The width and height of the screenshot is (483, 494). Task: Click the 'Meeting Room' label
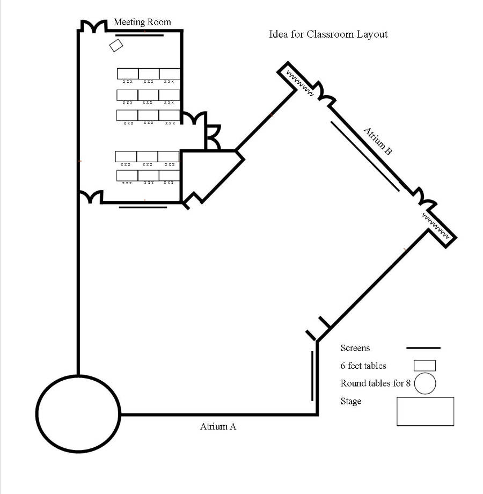[142, 22]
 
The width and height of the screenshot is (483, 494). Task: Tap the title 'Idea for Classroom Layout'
[328, 34]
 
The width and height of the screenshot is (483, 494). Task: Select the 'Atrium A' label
[218, 427]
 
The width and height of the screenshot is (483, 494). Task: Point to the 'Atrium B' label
[378, 141]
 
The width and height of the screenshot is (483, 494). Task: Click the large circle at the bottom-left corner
[78, 413]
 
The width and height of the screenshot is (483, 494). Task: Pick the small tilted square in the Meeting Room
[115, 45]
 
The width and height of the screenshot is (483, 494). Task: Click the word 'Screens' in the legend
[355, 348]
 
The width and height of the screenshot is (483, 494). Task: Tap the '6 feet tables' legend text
[363, 366]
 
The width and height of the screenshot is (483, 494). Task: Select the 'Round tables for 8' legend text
[376, 383]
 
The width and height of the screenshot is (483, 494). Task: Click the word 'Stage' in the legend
[350, 401]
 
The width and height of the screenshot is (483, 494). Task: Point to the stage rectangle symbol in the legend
[425, 411]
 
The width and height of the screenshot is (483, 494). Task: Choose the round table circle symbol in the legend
[424, 384]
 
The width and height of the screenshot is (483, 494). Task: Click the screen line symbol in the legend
[423, 348]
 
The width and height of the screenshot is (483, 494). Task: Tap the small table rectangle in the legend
[425, 366]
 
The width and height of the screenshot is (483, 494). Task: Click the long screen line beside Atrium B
[365, 156]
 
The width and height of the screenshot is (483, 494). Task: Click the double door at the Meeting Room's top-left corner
[92, 27]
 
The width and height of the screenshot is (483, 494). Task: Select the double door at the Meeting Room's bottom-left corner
[91, 197]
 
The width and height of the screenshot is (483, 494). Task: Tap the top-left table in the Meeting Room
[128, 74]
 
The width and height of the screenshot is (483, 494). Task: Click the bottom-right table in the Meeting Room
[169, 176]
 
